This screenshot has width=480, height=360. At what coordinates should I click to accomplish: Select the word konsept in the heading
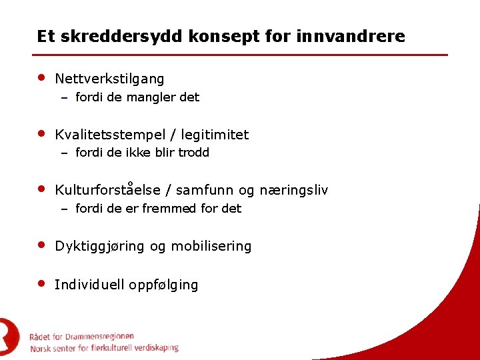219,36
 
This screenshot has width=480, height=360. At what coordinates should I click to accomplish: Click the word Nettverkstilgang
109,79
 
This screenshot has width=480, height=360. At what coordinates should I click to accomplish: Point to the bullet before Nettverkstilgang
41,77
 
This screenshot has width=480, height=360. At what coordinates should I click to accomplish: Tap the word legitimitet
215,135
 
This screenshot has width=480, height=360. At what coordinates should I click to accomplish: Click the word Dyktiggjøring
99,247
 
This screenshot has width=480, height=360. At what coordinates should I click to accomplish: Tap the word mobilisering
211,247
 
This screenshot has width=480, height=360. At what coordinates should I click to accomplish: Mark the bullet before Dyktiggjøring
41,245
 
